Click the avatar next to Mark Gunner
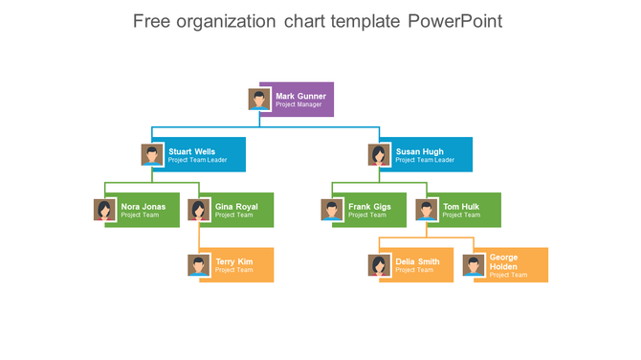click(258, 100)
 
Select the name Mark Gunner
click(300, 96)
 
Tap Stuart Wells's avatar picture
click(152, 155)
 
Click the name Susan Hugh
click(419, 151)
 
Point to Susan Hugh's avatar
click(380, 155)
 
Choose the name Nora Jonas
click(143, 207)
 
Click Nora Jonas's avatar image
click(105, 211)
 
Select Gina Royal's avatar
click(199, 211)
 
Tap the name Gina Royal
click(236, 207)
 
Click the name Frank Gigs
click(369, 207)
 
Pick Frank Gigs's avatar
click(332, 211)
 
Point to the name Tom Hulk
click(461, 207)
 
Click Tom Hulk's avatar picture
click(427, 211)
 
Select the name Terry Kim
click(234, 261)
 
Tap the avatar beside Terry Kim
click(199, 265)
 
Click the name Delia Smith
click(417, 261)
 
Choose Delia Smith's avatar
click(380, 265)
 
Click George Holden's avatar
click(474, 265)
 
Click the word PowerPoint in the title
click(454, 21)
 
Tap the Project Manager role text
click(298, 104)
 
